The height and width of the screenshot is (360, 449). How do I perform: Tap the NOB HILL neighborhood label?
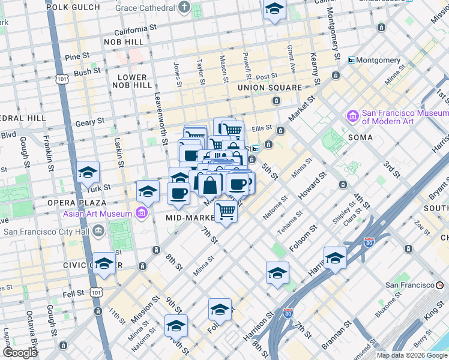click(x=124, y=42)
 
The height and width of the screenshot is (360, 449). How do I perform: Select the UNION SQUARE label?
click(x=269, y=88)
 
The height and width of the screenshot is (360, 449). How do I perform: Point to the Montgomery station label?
click(x=378, y=60)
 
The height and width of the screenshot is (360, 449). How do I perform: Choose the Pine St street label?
click(x=77, y=56)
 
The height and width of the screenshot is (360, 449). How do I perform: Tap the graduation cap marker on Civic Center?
click(x=104, y=264)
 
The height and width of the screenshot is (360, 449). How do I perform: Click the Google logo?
click(x=20, y=353)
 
